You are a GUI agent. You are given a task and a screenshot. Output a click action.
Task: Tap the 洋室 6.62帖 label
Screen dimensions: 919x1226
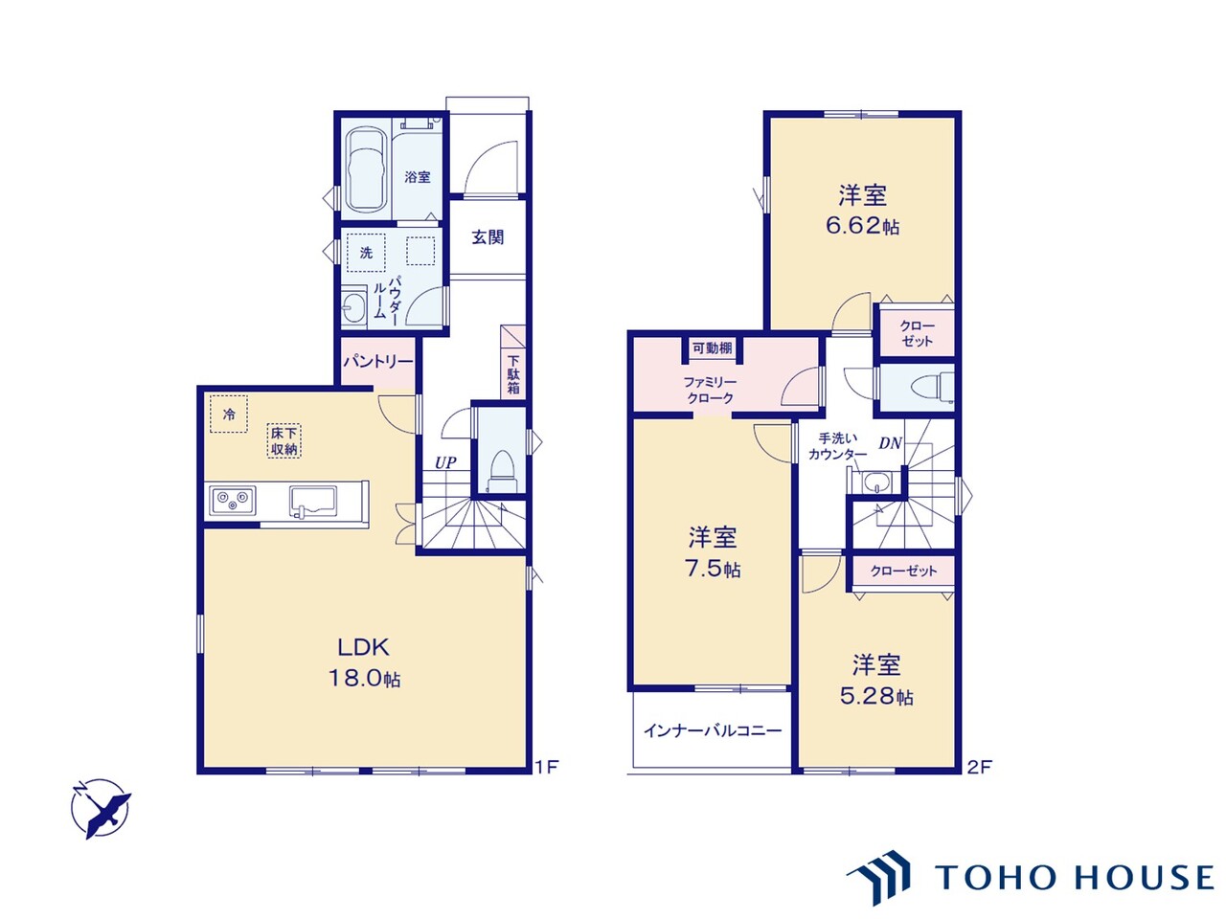click(x=862, y=211)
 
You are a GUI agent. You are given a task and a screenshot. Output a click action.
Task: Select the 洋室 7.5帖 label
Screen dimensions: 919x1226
click(x=713, y=552)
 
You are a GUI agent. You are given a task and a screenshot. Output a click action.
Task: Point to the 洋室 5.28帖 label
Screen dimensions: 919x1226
click(x=875, y=680)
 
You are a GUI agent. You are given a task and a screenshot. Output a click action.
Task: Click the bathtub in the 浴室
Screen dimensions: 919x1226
click(x=365, y=169)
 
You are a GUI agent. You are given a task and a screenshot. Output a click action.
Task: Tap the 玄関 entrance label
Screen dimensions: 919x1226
click(x=488, y=236)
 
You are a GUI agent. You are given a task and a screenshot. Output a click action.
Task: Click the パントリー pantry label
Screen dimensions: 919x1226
click(x=378, y=361)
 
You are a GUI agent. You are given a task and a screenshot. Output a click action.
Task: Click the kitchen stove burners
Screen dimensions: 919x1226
click(x=233, y=499)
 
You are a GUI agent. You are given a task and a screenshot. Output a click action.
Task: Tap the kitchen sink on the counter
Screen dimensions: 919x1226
click(x=312, y=500)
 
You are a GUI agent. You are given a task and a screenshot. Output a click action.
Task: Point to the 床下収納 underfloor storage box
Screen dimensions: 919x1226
click(x=284, y=441)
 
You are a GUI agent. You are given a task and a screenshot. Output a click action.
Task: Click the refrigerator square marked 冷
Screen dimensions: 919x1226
click(x=229, y=415)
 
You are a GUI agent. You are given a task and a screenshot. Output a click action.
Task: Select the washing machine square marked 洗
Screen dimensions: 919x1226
click(x=366, y=253)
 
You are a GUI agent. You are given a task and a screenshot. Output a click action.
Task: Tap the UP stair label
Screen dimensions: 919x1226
click(x=445, y=462)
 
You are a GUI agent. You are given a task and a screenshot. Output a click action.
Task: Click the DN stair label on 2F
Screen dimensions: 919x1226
click(x=890, y=442)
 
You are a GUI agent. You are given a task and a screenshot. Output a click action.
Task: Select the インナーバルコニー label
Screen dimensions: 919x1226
click(x=712, y=730)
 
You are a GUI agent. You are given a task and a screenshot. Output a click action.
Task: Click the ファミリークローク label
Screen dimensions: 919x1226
click(x=710, y=390)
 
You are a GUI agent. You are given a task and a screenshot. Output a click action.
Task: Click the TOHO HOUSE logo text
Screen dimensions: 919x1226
click(x=1073, y=877)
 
